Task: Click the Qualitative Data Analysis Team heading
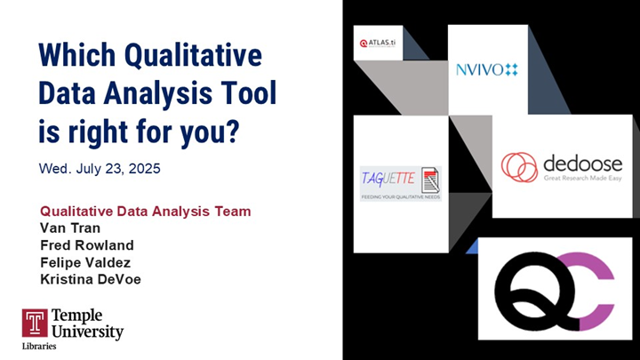145,212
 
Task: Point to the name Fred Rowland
87,245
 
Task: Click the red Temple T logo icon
35,323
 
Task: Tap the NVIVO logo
486,69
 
